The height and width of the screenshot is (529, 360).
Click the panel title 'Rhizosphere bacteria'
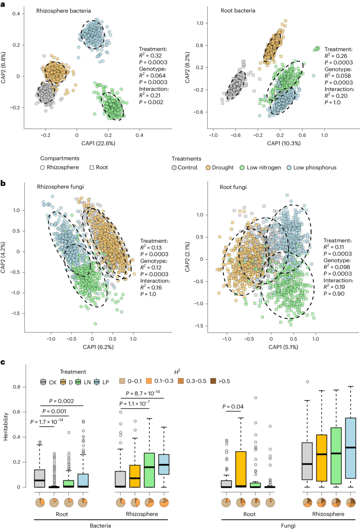point(63,11)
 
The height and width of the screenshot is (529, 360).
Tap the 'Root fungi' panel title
point(233,187)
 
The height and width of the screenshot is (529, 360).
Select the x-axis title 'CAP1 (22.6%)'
point(98,143)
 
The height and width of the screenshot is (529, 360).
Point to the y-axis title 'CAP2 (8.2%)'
point(187,68)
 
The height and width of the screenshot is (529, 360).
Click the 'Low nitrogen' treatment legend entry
point(260,168)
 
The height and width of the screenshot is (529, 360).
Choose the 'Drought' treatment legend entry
point(219,168)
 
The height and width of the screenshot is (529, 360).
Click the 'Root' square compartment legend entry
point(99,167)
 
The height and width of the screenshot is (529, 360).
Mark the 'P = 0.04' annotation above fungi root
point(233,407)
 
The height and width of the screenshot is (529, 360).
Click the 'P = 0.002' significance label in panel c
point(61,401)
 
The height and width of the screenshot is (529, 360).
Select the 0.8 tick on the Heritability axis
point(17,387)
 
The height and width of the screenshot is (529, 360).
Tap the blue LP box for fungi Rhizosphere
point(351,448)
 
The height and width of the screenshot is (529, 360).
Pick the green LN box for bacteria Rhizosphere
point(149,470)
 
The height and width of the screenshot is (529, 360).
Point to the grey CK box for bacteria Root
point(40,479)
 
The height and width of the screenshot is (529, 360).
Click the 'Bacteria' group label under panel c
point(100,526)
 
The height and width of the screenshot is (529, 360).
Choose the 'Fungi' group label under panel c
point(288,526)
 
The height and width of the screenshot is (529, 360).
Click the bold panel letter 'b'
point(3,183)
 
